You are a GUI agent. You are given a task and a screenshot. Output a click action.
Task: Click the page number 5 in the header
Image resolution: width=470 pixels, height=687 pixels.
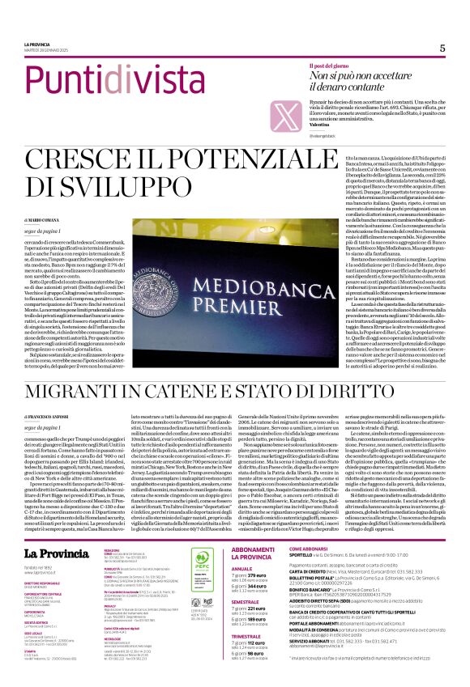coord(442,48)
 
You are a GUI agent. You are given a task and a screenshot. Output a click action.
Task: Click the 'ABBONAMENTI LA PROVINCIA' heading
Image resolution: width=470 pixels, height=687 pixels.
coord(253,530)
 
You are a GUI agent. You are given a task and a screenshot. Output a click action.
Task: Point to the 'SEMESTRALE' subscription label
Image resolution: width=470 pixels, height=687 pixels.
coord(246,601)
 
